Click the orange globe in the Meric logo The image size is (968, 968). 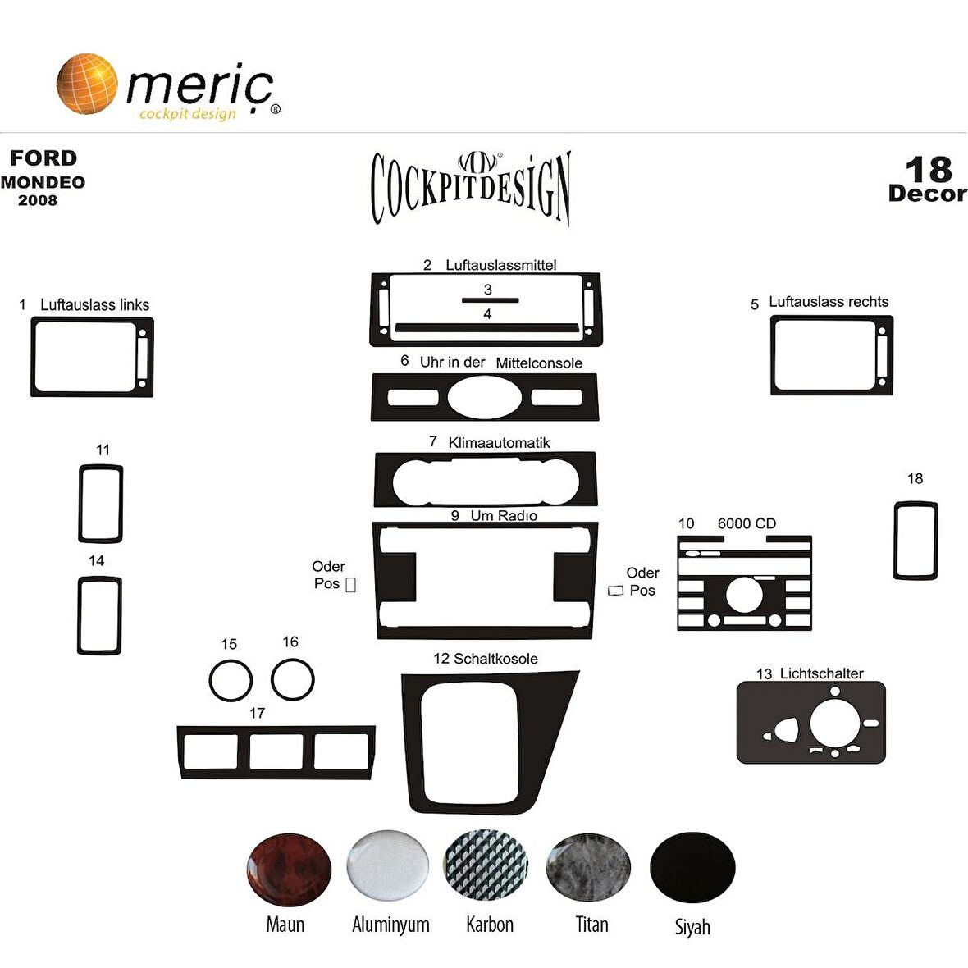point(86,84)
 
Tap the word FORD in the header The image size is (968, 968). point(43,158)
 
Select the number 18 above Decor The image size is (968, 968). point(929,169)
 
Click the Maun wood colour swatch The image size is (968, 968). point(288,870)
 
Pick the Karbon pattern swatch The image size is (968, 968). point(486,865)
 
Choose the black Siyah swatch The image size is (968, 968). point(692,867)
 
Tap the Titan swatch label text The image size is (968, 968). point(592,925)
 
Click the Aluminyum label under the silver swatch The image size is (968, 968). point(390,925)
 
